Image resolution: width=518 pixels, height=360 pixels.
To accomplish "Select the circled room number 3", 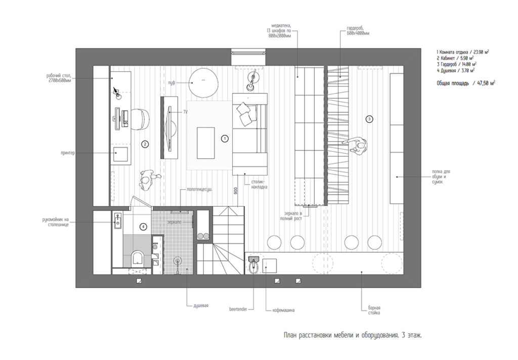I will [369, 119].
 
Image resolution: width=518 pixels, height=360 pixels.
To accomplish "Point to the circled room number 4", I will [144, 227].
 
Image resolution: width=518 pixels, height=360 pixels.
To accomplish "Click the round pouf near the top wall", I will [204, 81].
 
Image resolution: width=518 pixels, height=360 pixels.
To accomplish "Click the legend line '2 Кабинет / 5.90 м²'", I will [456, 58].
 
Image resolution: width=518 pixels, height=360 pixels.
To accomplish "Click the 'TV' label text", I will [186, 111].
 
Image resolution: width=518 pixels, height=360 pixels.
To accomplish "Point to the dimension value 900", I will [236, 191].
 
